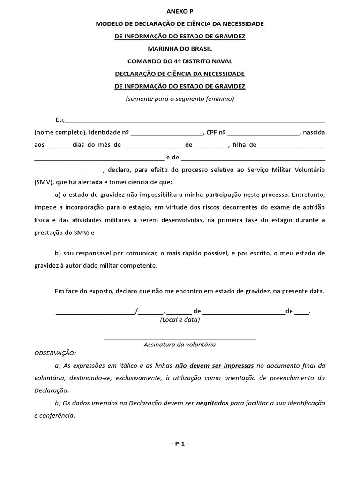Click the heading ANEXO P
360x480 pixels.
(x=180, y=11)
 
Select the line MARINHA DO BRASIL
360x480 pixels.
(x=180, y=49)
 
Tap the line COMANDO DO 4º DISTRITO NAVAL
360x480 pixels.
(x=180, y=61)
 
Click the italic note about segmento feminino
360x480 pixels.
(x=180, y=99)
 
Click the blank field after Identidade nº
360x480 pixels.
(x=167, y=133)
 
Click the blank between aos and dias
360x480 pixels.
(x=59, y=145)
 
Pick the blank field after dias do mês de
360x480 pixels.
(x=153, y=145)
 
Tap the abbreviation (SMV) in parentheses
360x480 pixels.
(x=44, y=181)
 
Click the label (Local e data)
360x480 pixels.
(x=180, y=320)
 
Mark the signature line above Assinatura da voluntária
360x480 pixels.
(x=180, y=337)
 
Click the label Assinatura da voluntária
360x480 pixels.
(x=180, y=345)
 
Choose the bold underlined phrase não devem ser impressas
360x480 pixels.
(x=215, y=365)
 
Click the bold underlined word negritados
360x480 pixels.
(x=212, y=403)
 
